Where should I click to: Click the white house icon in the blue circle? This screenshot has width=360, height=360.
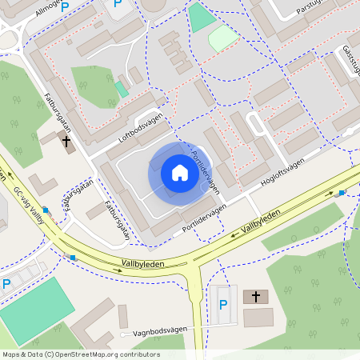pyautogui.click(x=180, y=173)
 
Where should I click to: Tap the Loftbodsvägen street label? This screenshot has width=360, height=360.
pyautogui.click(x=146, y=127)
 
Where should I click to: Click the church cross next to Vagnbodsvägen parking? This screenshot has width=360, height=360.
pyautogui.click(x=256, y=297)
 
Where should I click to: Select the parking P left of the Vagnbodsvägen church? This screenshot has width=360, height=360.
pyautogui.click(x=223, y=304)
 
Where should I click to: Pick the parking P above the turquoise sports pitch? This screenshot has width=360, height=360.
pyautogui.click(x=7, y=285)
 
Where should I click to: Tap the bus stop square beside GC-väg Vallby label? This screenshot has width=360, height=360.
pyautogui.click(x=46, y=210)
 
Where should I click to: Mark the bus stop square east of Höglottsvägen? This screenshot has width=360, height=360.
pyautogui.click(x=342, y=193)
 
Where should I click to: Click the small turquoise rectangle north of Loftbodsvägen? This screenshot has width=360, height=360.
pyautogui.click(x=121, y=89)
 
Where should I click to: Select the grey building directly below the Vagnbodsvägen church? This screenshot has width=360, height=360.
pyautogui.click(x=258, y=318)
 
